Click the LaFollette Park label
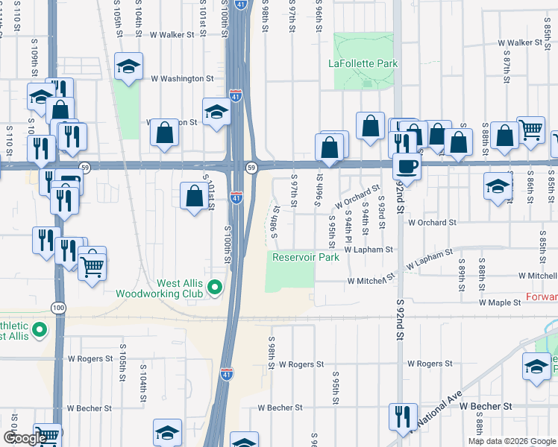pos(363,63)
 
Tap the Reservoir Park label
pos(305,257)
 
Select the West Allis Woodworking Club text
pos(159,288)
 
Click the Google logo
pos(24,439)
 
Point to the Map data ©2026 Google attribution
pos(512,441)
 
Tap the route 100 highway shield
pos(57,307)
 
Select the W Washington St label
pos(182,77)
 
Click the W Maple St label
pos(499,303)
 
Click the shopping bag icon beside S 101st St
pos(194,197)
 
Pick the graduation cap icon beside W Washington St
pos(128,68)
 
